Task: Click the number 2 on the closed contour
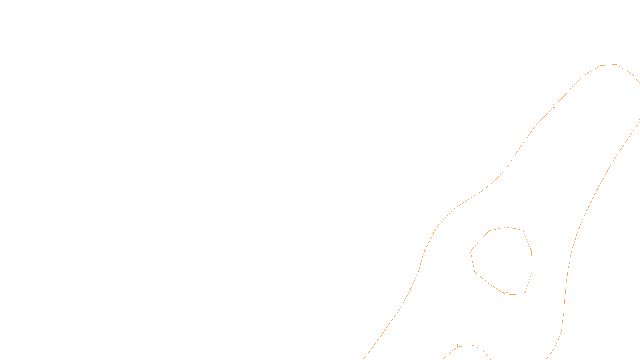coord(507,294)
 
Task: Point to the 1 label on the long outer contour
coord(554,106)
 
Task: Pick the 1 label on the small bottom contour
coord(457,346)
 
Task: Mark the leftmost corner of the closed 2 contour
coord(471,251)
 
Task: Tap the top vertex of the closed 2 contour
coord(506,227)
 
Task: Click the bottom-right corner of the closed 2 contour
coord(524,294)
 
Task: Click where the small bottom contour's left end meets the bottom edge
coord(442,359)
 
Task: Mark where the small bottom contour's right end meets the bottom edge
coord(491,359)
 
